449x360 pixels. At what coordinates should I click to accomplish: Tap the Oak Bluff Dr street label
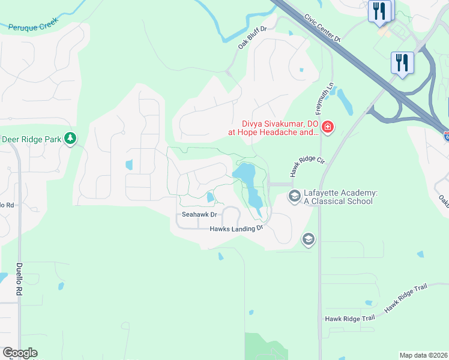pos(252,37)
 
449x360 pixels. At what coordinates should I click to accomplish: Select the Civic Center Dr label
pos(322,28)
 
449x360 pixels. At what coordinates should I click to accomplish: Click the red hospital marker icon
pos(328,127)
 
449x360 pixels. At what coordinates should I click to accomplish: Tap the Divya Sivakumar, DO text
pos(272,122)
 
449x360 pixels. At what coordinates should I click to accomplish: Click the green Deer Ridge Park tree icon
pos(71,139)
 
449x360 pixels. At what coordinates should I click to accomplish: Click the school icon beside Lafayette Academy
pos(294,196)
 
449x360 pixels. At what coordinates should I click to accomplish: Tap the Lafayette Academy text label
pos(340,196)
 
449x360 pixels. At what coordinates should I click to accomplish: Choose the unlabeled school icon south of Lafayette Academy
pos(309,239)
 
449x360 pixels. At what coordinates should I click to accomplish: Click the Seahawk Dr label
pos(198,214)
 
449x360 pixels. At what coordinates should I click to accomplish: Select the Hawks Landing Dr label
pos(237,229)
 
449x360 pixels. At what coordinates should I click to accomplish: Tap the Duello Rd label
pos(19,279)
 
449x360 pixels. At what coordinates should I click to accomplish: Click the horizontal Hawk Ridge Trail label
pos(349,319)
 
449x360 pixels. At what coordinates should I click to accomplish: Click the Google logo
pos(20,353)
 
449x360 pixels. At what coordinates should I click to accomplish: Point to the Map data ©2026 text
pos(423,355)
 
